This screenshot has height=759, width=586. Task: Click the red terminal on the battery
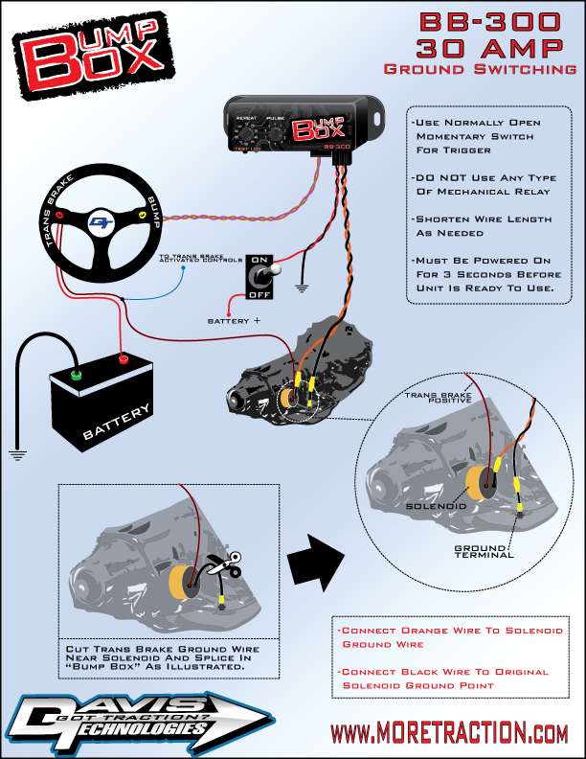pyautogui.click(x=123, y=359)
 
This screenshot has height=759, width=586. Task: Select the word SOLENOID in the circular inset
pyautogui.click(x=436, y=505)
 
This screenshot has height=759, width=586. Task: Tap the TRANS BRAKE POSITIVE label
pyautogui.click(x=439, y=397)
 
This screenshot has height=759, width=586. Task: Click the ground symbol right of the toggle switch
pyautogui.click(x=304, y=286)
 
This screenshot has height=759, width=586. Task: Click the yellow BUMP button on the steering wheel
pyautogui.click(x=143, y=217)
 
